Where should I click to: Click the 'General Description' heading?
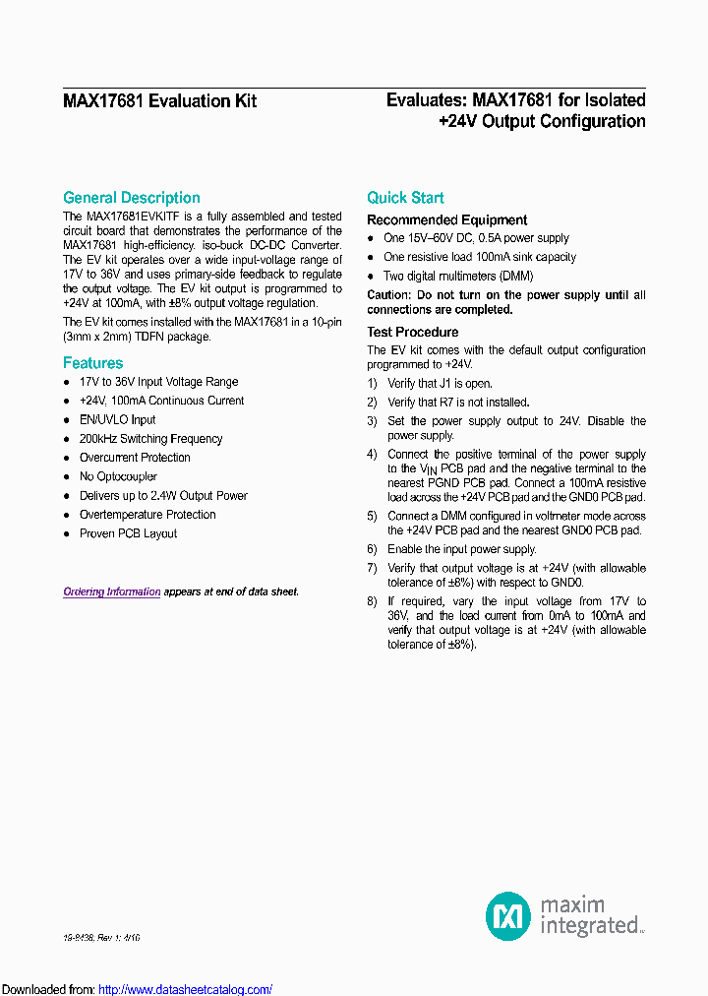click(131, 198)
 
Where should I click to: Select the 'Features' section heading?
click(92, 363)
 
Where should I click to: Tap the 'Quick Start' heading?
click(405, 198)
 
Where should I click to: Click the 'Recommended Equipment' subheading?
click(446, 220)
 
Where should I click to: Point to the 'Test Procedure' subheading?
click(412, 333)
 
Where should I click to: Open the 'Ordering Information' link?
click(111, 591)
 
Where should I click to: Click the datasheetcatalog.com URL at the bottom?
click(185, 989)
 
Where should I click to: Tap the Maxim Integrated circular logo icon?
click(508, 916)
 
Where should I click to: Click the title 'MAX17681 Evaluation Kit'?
click(159, 100)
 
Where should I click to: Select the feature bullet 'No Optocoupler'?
click(118, 477)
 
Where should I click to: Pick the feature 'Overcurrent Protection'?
click(135, 458)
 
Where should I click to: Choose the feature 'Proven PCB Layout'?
click(128, 534)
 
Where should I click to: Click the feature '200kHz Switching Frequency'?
click(150, 439)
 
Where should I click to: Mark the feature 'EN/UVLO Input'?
click(117, 420)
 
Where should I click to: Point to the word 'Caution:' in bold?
click(389, 295)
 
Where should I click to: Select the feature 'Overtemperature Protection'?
click(147, 515)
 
